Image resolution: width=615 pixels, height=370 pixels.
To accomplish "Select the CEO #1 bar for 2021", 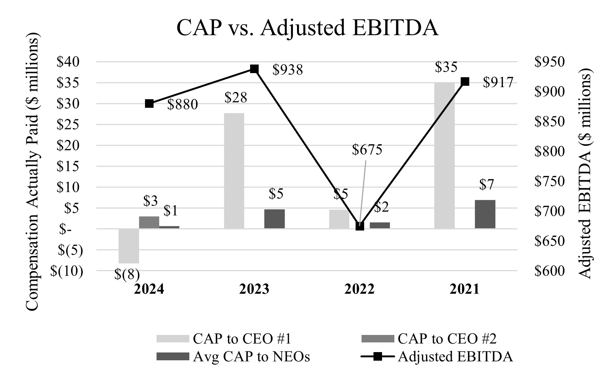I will (x=444, y=155).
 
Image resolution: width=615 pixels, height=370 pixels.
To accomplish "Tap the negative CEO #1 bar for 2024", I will (x=129, y=246).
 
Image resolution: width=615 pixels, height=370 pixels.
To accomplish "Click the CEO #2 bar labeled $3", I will (x=149, y=223).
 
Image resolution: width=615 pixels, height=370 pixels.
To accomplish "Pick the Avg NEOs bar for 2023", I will (x=274, y=219).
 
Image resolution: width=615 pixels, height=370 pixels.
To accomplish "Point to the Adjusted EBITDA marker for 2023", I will (x=254, y=69).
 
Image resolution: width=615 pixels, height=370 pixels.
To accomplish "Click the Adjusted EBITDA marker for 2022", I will (x=360, y=226).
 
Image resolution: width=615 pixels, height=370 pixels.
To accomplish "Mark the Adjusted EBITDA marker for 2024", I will (x=149, y=104).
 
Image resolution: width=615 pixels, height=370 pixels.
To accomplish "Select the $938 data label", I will (x=287, y=70).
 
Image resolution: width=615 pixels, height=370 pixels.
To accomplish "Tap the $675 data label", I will (x=367, y=150).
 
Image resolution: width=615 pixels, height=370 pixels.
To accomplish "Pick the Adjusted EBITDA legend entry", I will (x=455, y=357).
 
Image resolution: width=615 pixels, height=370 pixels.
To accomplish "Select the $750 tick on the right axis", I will (x=549, y=181).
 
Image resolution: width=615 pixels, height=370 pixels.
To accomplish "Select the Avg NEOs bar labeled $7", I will (x=485, y=214).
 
